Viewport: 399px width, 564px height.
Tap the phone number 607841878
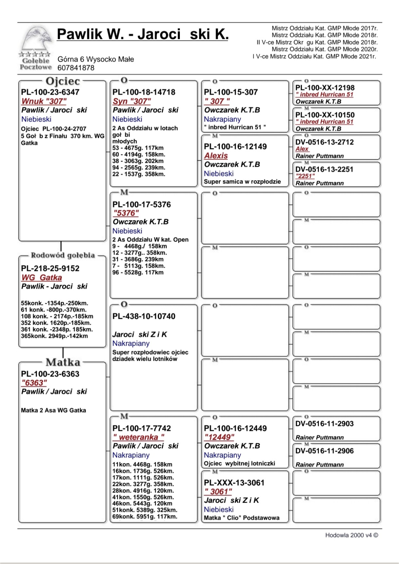pyautogui.click(x=76, y=68)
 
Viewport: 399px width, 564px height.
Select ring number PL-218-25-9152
pyautogui.click(x=50, y=269)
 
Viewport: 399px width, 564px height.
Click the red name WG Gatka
pyautogui.click(x=42, y=278)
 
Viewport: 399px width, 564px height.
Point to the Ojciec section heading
pyautogui.click(x=63, y=81)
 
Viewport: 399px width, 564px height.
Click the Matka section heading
pyautogui.click(x=63, y=362)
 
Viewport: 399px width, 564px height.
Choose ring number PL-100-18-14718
pyautogui.click(x=144, y=92)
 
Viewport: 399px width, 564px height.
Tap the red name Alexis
pyautogui.click(x=216, y=156)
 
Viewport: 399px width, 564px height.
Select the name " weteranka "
pyautogui.click(x=138, y=437)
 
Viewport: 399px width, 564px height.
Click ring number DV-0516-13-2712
pyautogui.click(x=325, y=142)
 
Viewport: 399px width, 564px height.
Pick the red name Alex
pyautogui.click(x=302, y=149)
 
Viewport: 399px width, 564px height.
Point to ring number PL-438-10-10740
pyautogui.click(x=144, y=316)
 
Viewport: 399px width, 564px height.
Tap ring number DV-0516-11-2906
pyautogui.click(x=325, y=451)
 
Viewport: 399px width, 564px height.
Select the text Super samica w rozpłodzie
pyautogui.click(x=242, y=182)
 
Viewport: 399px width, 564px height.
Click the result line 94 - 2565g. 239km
pyautogui.click(x=139, y=168)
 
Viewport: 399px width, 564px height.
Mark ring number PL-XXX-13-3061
pyautogui.click(x=234, y=483)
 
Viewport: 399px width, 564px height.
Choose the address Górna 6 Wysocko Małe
pyautogui.click(x=96, y=59)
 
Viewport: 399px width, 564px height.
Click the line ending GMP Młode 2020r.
pyautogui.click(x=325, y=49)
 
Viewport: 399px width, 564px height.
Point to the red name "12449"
pyautogui.click(x=219, y=437)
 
